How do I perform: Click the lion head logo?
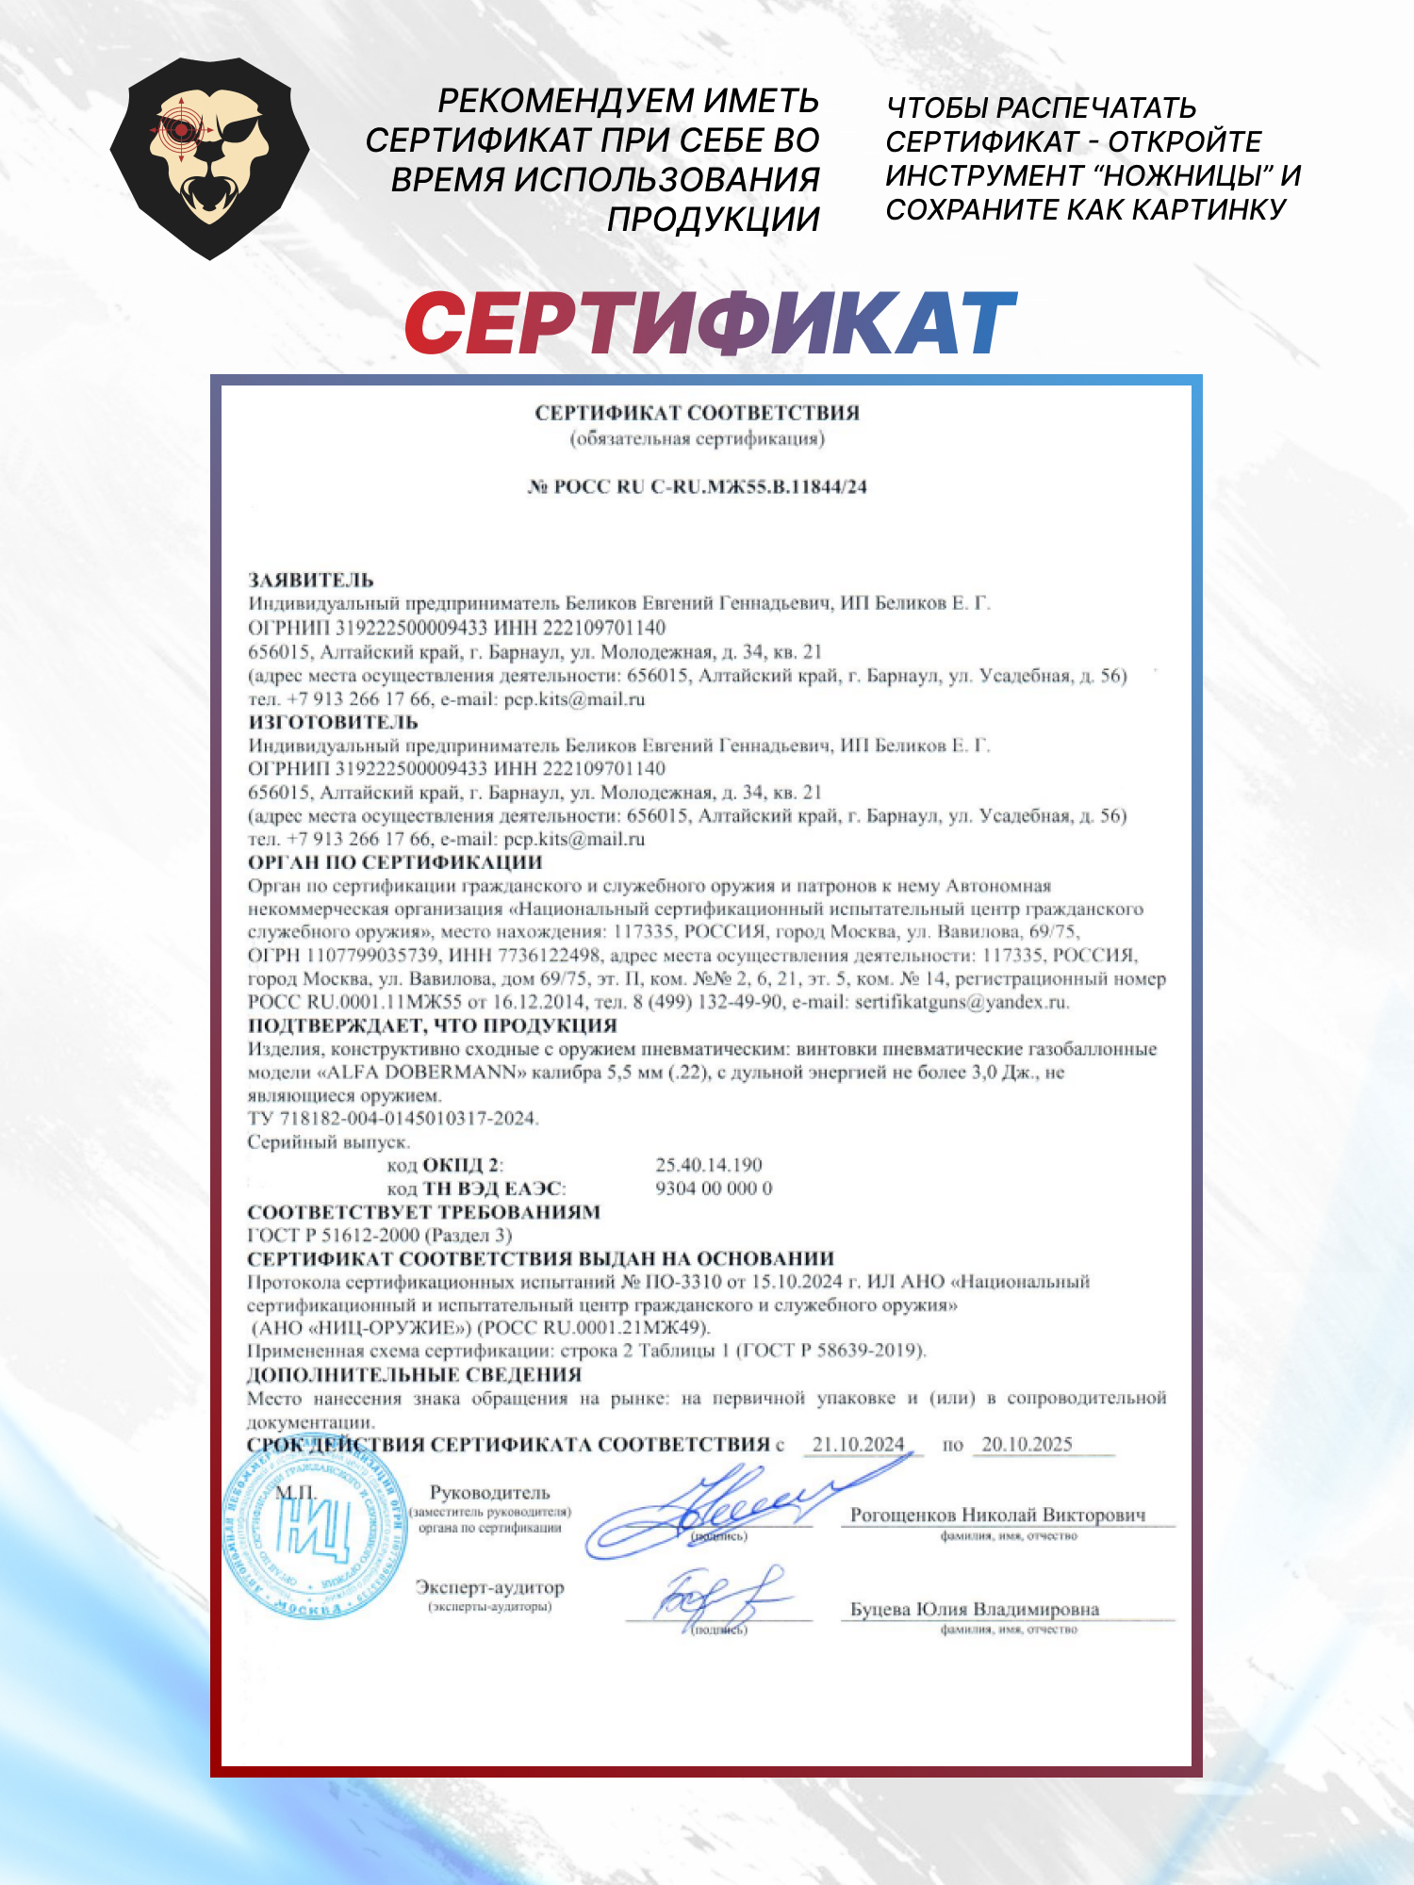pyautogui.click(x=209, y=157)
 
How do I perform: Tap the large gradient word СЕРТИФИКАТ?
pyautogui.click(x=710, y=323)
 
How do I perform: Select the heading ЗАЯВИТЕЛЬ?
pyautogui.click(x=311, y=581)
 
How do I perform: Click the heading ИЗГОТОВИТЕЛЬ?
pyautogui.click(x=333, y=722)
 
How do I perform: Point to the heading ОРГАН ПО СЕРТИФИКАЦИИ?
pyautogui.click(x=395, y=862)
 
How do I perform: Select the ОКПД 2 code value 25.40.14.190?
pyautogui.click(x=709, y=1165)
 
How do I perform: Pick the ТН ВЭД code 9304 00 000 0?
pyautogui.click(x=714, y=1188)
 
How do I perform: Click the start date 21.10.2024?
pyautogui.click(x=858, y=1444)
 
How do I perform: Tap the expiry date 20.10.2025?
pyautogui.click(x=1027, y=1444)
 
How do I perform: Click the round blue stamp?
pyautogui.click(x=304, y=1532)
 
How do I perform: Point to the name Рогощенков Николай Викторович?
pyautogui.click(x=998, y=1515)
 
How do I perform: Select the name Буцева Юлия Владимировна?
pyautogui.click(x=975, y=1609)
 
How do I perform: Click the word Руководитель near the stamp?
pyautogui.click(x=489, y=1492)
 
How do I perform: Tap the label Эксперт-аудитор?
pyautogui.click(x=489, y=1587)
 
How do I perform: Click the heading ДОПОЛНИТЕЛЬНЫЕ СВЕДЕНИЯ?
pyautogui.click(x=415, y=1374)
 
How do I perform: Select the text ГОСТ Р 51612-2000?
pyautogui.click(x=334, y=1235)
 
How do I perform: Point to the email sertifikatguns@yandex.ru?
pyautogui.click(x=962, y=1002)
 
